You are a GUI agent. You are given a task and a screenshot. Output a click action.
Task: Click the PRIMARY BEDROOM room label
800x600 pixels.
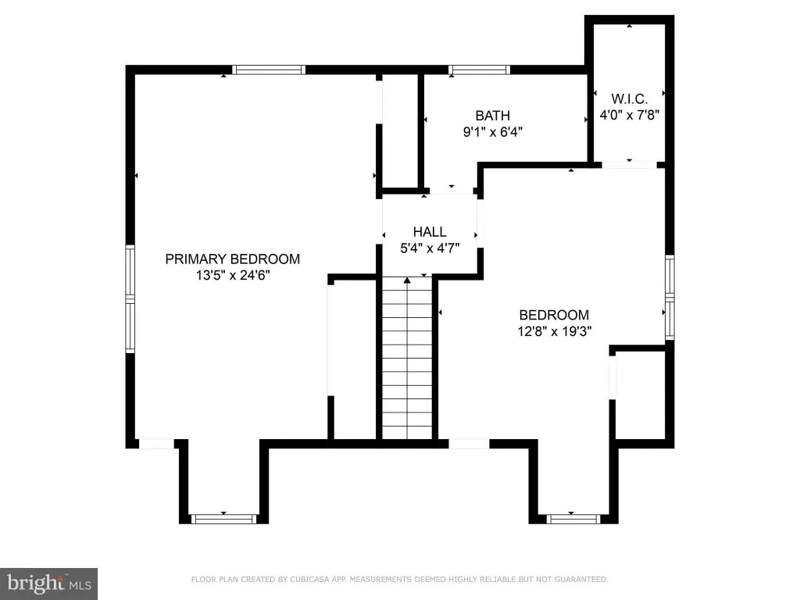click(233, 259)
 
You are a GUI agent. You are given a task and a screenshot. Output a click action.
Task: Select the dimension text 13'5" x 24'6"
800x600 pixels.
click(233, 276)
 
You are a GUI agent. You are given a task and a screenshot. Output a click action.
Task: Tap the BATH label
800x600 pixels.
click(493, 116)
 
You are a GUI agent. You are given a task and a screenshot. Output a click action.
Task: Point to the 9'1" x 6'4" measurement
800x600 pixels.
click(493, 132)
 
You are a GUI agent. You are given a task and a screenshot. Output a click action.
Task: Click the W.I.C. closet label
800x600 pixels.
click(630, 98)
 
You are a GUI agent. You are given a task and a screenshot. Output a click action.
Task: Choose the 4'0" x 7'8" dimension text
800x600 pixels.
click(630, 115)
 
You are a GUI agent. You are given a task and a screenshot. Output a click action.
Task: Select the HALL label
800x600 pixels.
click(430, 232)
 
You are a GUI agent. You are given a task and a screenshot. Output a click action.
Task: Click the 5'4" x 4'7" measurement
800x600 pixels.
click(430, 248)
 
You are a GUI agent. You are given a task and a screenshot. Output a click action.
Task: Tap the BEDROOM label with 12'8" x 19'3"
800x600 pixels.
click(554, 315)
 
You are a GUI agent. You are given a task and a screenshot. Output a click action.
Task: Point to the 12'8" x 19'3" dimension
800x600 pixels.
click(554, 331)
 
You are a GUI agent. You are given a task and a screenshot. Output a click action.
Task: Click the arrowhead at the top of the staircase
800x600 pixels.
click(407, 280)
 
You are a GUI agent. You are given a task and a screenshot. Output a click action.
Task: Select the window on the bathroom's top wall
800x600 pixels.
click(479, 70)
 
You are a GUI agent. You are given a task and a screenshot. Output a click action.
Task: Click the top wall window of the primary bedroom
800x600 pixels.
click(269, 70)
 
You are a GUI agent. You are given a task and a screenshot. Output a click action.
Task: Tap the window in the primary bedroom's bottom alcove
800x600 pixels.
click(223, 519)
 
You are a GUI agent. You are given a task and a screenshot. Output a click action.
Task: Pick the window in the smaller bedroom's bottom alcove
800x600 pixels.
click(573, 519)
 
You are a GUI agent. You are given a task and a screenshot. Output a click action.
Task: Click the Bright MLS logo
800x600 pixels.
click(48, 584)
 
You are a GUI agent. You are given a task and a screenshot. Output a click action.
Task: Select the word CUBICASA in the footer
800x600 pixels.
click(309, 579)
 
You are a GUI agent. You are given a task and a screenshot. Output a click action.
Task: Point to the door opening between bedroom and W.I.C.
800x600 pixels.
click(629, 165)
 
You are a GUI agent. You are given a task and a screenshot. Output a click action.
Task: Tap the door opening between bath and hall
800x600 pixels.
click(451, 191)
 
